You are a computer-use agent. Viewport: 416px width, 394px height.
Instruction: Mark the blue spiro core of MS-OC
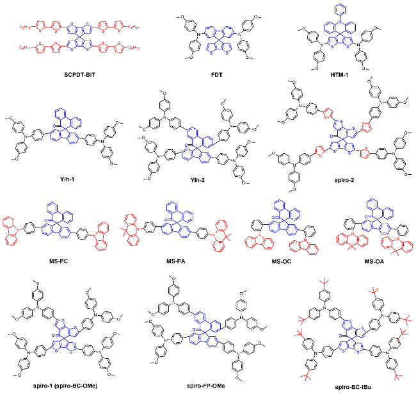[x=278, y=218]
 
